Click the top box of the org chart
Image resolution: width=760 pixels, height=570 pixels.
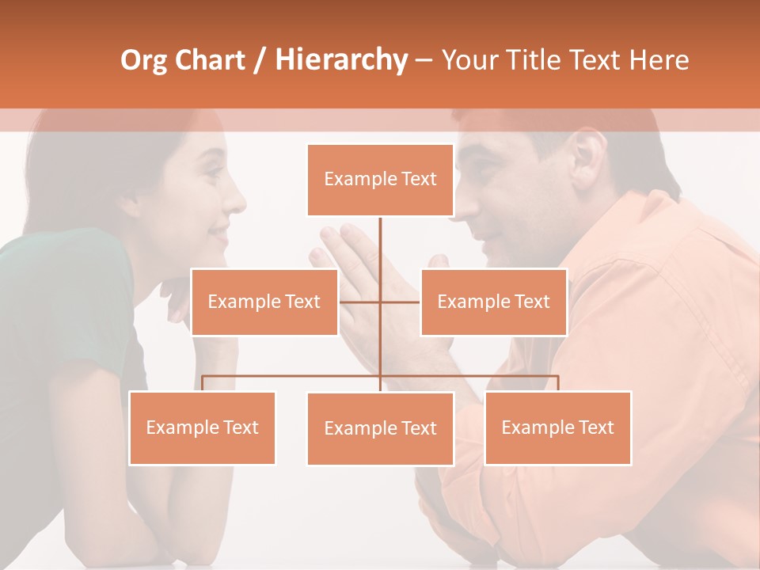point(380,180)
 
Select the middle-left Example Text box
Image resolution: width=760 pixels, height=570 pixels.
point(264,302)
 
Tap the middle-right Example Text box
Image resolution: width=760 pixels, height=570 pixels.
point(493,302)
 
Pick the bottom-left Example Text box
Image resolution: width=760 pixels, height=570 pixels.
point(202,427)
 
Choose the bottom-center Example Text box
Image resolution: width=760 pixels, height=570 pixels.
point(380,428)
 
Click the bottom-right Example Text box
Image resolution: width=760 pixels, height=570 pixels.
point(557,427)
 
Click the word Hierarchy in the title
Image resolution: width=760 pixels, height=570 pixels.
point(341,59)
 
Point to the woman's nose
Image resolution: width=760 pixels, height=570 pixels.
point(237,201)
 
